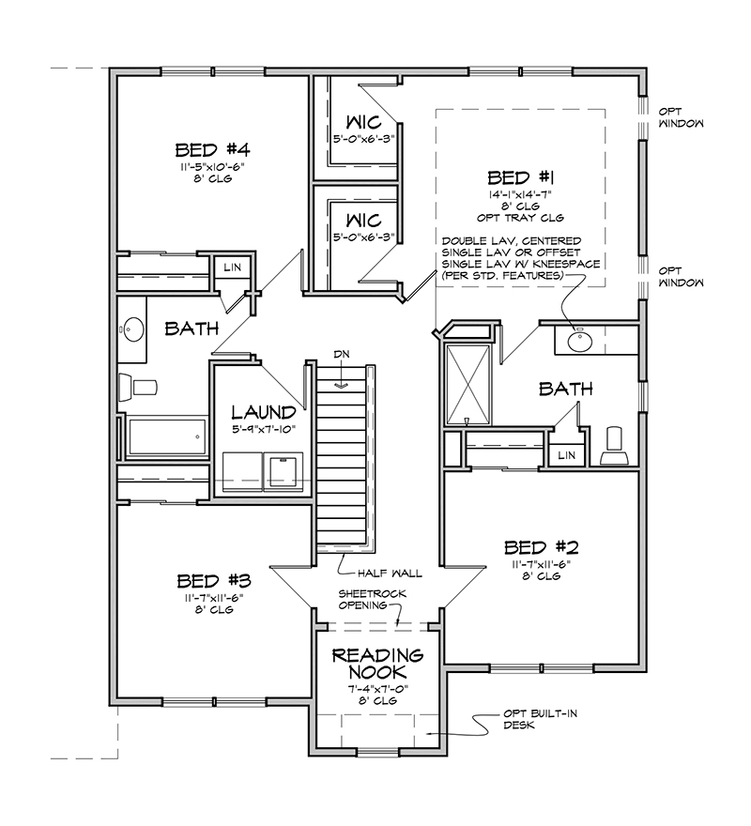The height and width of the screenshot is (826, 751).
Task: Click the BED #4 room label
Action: tap(212, 150)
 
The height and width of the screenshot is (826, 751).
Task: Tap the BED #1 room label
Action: tap(521, 177)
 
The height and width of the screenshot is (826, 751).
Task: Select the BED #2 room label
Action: tap(542, 548)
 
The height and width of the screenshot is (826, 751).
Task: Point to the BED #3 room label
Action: tap(214, 581)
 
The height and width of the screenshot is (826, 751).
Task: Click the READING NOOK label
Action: tap(377, 664)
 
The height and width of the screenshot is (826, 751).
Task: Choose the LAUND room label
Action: tap(264, 412)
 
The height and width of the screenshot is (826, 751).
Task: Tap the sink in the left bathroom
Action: tap(131, 329)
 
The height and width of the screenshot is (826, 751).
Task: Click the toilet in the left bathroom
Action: tap(138, 387)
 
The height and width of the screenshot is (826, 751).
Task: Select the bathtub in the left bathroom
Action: tap(167, 436)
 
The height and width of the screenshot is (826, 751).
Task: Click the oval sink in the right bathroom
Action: tap(580, 341)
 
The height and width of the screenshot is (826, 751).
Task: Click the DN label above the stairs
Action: tap(342, 355)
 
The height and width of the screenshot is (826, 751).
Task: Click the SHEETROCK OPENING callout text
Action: tap(372, 600)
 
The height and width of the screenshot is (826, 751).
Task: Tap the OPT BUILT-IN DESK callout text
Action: tap(540, 720)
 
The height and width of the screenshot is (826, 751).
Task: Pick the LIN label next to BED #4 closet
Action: tap(233, 268)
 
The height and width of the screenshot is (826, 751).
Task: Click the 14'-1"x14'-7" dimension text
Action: tap(521, 195)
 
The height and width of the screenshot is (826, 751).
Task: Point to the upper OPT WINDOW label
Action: tap(681, 118)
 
